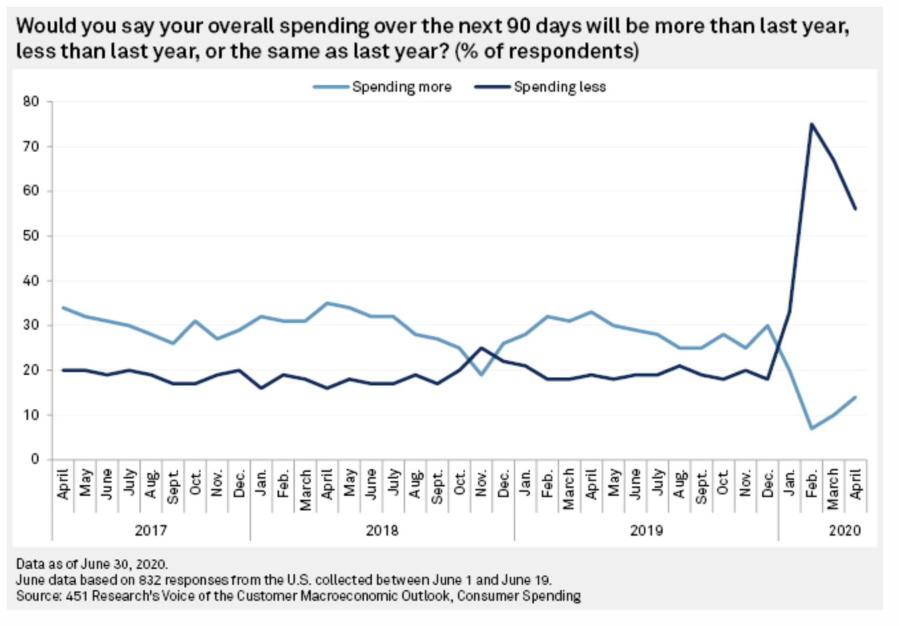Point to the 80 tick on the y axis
pyautogui.click(x=31, y=102)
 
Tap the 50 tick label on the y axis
pyautogui.click(x=31, y=236)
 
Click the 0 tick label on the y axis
pyautogui.click(x=35, y=459)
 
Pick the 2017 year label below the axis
pyautogui.click(x=151, y=530)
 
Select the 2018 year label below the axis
pyautogui.click(x=382, y=530)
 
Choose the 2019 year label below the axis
pyautogui.click(x=646, y=530)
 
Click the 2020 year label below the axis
pyautogui.click(x=845, y=530)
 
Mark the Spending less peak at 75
pyautogui.click(x=811, y=124)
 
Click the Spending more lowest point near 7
pyautogui.click(x=811, y=429)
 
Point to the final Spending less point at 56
pyautogui.click(x=855, y=209)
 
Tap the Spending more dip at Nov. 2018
pyautogui.click(x=481, y=375)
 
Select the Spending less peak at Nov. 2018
pyautogui.click(x=481, y=348)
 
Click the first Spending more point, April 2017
pyautogui.click(x=63, y=308)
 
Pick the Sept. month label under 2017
pyautogui.click(x=173, y=486)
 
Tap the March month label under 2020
pyautogui.click(x=833, y=488)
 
